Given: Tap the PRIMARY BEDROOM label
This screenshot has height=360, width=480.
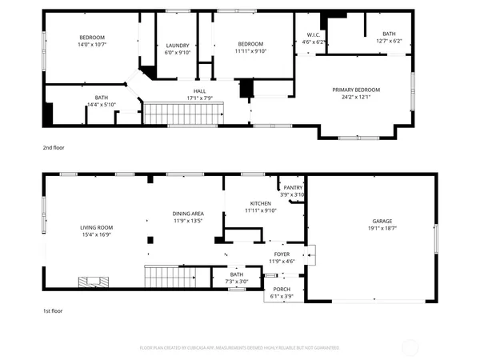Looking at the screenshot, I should (356, 90).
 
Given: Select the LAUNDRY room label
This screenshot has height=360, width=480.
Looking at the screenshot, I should (177, 46).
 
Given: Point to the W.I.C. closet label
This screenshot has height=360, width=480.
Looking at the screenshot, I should (313, 34).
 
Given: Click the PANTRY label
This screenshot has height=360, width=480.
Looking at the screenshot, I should (293, 188).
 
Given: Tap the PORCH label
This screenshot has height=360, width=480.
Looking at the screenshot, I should (281, 289).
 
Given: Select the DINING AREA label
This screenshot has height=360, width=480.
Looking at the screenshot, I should (188, 214).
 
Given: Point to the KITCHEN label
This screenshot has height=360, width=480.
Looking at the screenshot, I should (260, 204).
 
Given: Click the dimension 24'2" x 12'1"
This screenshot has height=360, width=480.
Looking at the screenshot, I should (356, 97).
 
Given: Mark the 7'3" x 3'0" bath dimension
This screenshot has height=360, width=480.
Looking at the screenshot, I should (237, 281).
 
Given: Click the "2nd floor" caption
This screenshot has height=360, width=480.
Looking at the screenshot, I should (53, 147).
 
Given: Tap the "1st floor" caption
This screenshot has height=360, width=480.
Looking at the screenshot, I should (53, 310).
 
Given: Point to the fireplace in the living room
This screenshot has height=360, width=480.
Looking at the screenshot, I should (90, 281).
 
